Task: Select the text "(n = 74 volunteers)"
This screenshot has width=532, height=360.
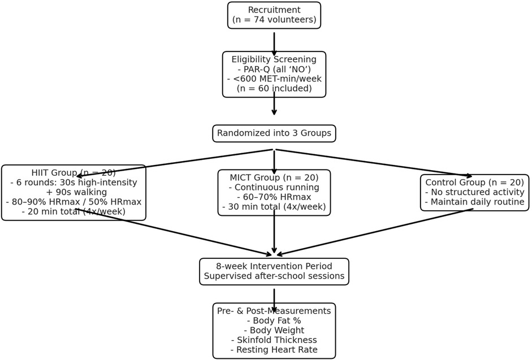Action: click(x=274, y=20)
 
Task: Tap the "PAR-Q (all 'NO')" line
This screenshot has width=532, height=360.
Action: click(x=274, y=69)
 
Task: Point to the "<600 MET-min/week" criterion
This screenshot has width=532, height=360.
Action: click(x=274, y=79)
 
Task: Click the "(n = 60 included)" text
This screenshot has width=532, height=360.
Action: click(x=274, y=88)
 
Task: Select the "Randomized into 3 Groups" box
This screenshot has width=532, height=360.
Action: click(x=274, y=133)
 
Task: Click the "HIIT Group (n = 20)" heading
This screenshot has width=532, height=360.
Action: click(x=73, y=173)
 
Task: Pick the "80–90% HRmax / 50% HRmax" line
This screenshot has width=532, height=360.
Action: click(x=73, y=202)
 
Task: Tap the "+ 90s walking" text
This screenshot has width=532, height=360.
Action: click(x=73, y=192)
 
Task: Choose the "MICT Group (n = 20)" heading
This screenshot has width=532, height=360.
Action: click(x=274, y=177)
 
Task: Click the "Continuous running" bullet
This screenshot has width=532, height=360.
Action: click(x=274, y=187)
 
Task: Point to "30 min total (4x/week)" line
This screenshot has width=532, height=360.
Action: click(x=274, y=207)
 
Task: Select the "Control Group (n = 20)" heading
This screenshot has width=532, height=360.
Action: click(x=475, y=183)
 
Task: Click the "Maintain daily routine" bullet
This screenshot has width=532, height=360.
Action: click(x=475, y=202)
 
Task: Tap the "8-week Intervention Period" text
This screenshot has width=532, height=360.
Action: click(x=274, y=266)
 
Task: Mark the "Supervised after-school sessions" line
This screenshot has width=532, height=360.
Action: click(x=274, y=276)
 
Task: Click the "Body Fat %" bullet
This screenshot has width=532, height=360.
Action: click(x=274, y=320)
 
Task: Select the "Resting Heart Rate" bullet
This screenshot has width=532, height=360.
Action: click(x=274, y=350)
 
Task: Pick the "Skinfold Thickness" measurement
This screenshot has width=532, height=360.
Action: click(x=274, y=340)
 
